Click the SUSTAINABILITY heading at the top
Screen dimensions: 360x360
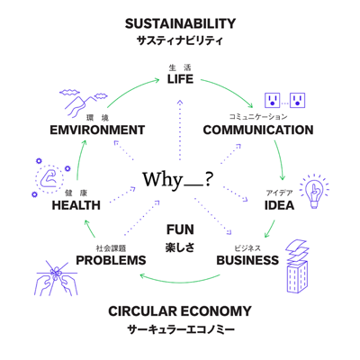click(x=180, y=23)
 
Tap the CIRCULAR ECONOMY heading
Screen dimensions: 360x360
click(x=180, y=311)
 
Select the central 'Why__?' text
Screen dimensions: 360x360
click(x=178, y=180)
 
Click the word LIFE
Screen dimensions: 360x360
click(x=180, y=79)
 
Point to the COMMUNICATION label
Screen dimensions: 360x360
click(x=258, y=130)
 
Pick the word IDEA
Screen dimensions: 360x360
click(x=279, y=205)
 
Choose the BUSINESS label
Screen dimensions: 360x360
click(x=247, y=260)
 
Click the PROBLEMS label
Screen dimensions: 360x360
click(x=111, y=260)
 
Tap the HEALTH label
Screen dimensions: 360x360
click(x=76, y=205)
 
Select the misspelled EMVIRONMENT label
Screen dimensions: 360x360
click(x=97, y=130)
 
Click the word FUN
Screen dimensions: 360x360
click(x=180, y=229)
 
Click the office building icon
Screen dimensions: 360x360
click(x=297, y=265)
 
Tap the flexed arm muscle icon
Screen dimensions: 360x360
click(x=49, y=179)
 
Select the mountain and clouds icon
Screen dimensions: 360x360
click(x=83, y=102)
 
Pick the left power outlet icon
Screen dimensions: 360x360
click(x=272, y=100)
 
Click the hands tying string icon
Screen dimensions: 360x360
click(x=56, y=277)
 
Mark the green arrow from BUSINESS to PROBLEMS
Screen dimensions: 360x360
click(x=180, y=282)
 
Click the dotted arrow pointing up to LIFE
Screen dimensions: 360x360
click(x=180, y=130)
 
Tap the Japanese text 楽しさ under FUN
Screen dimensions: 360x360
click(x=180, y=247)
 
